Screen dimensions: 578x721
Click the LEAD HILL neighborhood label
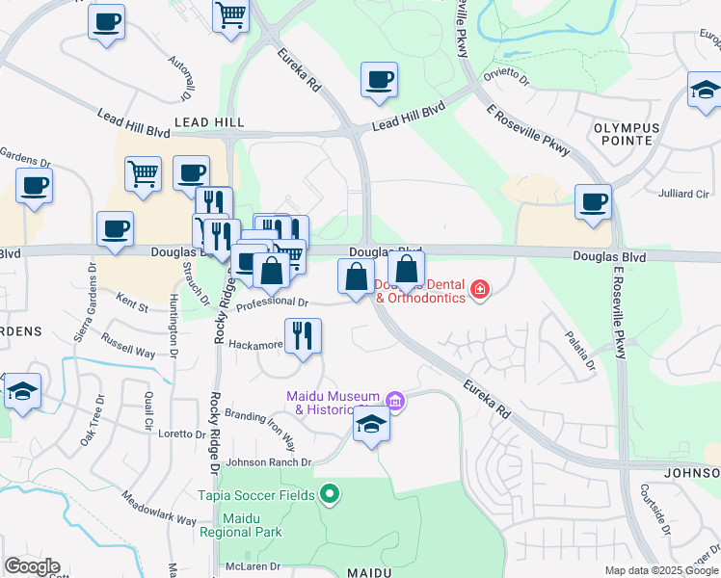(x=209, y=123)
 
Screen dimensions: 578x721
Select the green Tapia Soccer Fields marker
(x=330, y=495)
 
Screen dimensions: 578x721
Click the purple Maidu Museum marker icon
(x=393, y=401)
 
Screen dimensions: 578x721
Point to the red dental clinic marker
(x=479, y=289)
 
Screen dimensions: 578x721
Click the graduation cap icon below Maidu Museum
(x=371, y=424)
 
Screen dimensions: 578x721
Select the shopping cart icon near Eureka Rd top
(x=231, y=16)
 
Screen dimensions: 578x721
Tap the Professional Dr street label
(x=272, y=302)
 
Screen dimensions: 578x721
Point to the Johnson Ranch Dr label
(x=270, y=462)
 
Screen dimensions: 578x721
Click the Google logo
(x=32, y=566)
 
